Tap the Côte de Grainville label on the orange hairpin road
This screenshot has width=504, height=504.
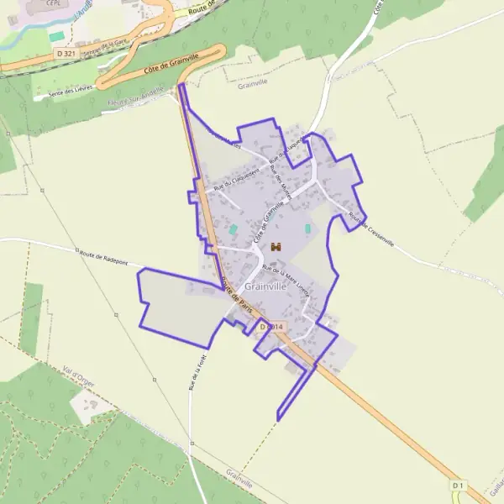point(164,60)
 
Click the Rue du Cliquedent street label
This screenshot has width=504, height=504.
point(238,173)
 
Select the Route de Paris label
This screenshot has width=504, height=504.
point(236,297)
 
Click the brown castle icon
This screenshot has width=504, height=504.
point(276,247)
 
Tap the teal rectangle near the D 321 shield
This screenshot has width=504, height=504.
point(56,37)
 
